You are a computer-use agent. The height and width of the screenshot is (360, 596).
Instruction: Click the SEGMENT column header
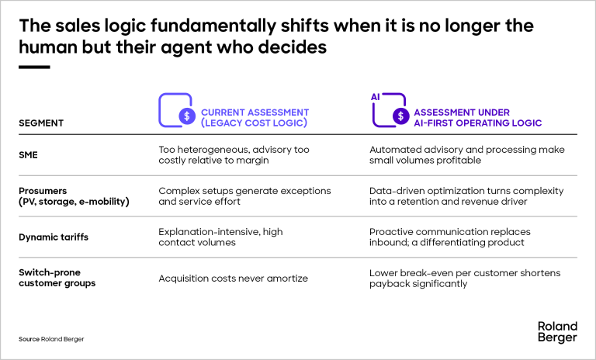pos(41,123)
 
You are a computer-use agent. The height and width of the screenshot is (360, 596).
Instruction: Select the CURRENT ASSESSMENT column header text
pos(255,118)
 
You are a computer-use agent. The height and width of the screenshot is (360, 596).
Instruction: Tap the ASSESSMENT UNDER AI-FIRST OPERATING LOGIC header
pos(477,118)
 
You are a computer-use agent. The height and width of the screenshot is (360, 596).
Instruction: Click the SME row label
pos(28,155)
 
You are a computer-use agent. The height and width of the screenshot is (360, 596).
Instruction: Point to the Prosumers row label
pos(74,196)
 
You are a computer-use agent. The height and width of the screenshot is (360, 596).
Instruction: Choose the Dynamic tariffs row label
pos(54,237)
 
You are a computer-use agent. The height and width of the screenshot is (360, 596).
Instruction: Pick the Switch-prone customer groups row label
pos(57,278)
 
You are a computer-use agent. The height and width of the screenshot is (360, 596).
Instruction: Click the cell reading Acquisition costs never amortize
pos(233,279)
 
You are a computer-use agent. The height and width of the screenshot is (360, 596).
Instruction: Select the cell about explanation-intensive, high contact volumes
pos(220,237)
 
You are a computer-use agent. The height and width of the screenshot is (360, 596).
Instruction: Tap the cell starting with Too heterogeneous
pos(234,155)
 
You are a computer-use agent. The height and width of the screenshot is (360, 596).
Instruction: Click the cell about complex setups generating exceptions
pos(244,196)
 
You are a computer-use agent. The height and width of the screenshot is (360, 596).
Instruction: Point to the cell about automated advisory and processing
pos(466,155)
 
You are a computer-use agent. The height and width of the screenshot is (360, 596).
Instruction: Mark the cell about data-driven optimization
pos(466,196)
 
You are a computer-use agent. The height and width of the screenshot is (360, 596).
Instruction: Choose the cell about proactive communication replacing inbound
pos(449,237)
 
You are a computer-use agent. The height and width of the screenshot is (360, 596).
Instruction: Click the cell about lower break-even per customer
pos(465,279)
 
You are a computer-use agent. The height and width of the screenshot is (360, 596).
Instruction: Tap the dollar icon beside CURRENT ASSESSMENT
pos(187,116)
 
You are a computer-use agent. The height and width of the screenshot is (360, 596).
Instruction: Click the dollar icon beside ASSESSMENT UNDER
pos(400,116)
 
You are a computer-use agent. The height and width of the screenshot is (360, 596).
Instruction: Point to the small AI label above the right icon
pos(376,97)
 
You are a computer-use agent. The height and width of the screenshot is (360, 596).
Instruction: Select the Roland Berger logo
pos(557,332)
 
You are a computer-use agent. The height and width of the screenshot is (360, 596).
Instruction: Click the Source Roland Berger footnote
pos(51,339)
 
